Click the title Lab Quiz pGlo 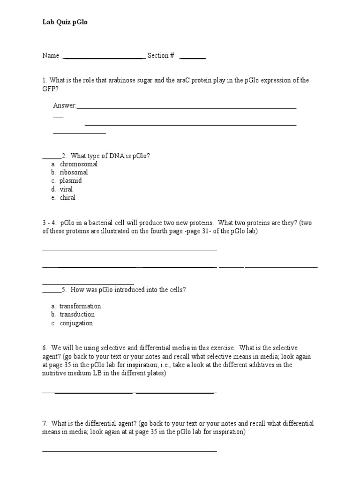pyautogui.click(x=65, y=22)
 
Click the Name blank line pyautogui.click(x=103, y=58)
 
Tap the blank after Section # pyautogui.click(x=193, y=58)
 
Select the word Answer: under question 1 pyautogui.click(x=64, y=105)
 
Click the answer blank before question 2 pyautogui.click(x=52, y=158)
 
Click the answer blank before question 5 pyautogui.click(x=52, y=292)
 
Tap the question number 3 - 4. pyautogui.click(x=49, y=223)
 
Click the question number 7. pyautogui.click(x=44, y=423)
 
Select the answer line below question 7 pyautogui.click(x=129, y=451)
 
